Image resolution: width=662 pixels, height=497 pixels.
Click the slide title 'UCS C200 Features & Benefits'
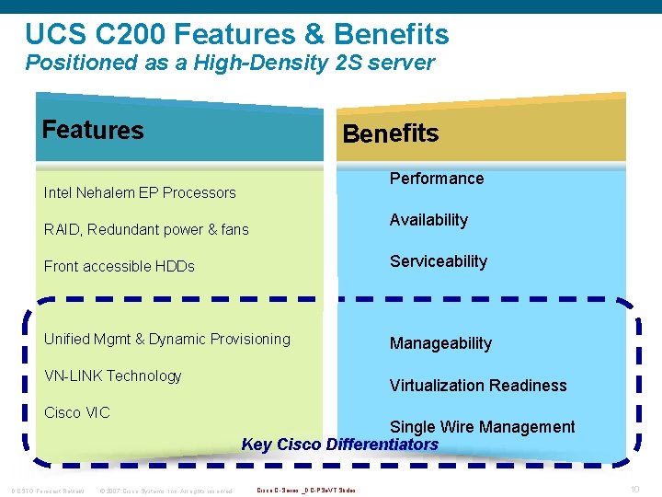237,34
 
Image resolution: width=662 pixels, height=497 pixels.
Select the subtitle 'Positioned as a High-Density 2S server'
230,64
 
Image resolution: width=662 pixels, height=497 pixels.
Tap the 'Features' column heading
93,130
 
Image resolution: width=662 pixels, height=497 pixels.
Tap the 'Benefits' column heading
390,133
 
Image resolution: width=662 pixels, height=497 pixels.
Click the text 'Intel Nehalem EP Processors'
140,192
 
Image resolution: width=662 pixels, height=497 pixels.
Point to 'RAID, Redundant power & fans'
146,229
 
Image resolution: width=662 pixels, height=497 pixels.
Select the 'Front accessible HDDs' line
120,266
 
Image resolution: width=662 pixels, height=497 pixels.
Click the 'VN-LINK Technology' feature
113,376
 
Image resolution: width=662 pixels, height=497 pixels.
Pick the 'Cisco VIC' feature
77,412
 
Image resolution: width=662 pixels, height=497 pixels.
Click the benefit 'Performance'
437,179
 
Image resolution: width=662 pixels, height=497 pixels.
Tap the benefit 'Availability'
428,220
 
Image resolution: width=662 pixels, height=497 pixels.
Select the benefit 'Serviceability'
439,261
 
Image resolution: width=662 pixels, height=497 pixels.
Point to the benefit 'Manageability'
440,343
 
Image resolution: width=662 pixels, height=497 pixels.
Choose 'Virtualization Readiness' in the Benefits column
478,386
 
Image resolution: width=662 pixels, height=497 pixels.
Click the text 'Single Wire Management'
482,427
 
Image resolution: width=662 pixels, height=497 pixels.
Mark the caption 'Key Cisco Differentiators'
339,445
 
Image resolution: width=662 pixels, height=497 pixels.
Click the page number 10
634,488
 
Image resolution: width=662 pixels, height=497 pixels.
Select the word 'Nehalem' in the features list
107,192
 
